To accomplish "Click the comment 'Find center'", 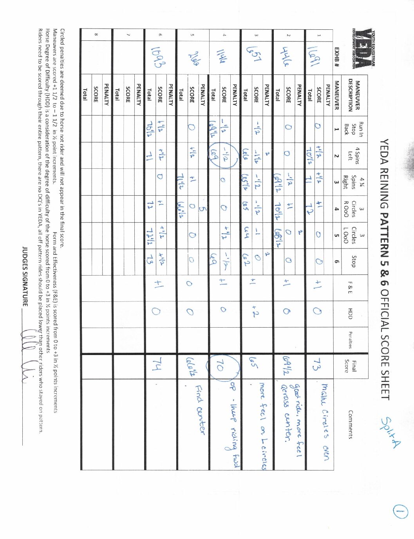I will coord(200,409).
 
